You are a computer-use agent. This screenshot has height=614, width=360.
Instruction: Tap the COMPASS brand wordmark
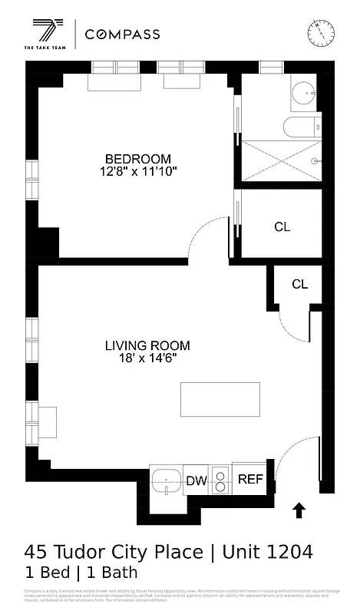[x=122, y=35]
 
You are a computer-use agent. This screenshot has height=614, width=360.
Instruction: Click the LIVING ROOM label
[x=147, y=345]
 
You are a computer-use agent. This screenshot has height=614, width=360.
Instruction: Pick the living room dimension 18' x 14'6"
[x=147, y=359]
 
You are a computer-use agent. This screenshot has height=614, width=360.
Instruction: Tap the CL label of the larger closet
[x=282, y=226]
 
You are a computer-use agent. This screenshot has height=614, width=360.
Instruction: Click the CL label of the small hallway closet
[x=299, y=284]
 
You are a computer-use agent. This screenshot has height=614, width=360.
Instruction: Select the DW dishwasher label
[x=197, y=481]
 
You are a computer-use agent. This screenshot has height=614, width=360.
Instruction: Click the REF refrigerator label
[x=250, y=480]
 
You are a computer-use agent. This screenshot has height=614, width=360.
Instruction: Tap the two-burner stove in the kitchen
[x=220, y=480]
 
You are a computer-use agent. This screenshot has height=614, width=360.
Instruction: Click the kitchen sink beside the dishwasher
[x=165, y=482]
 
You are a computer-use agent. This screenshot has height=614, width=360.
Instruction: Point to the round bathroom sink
[x=305, y=96]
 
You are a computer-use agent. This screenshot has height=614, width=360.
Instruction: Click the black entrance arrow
[x=299, y=510]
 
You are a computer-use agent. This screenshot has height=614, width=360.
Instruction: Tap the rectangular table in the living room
[x=220, y=398]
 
